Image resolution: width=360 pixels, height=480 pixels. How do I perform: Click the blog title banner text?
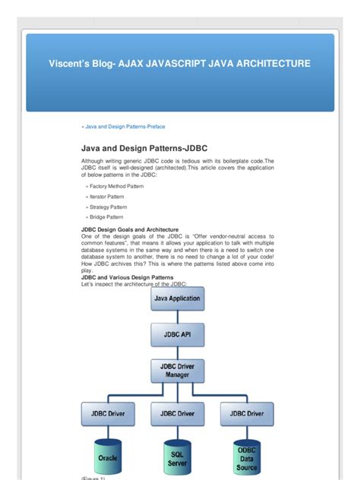tap(180, 64)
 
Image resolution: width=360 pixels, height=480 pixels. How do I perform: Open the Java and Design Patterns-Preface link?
tap(124, 127)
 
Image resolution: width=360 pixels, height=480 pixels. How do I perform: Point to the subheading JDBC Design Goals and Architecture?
tap(130, 229)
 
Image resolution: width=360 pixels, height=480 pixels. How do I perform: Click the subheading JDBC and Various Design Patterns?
tap(127, 278)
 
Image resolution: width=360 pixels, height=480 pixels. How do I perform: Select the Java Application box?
tap(178, 298)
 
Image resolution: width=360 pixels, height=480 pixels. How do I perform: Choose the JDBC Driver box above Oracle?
tap(108, 413)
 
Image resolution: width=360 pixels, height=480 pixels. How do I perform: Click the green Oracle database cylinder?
tap(108, 457)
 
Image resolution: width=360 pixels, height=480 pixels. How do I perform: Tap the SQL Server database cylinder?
tap(178, 457)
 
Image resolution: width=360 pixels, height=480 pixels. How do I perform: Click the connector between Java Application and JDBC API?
tap(178, 316)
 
